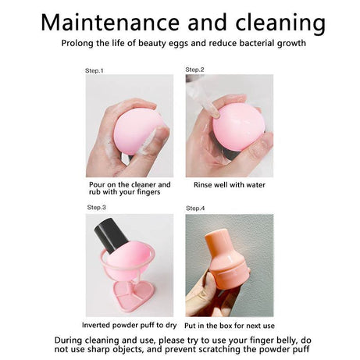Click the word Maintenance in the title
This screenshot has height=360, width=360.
(x=110, y=22)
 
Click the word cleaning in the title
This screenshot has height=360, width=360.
(x=280, y=23)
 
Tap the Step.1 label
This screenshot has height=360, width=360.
(x=94, y=70)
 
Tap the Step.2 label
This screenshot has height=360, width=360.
(x=194, y=70)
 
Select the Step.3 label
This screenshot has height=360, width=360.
(x=97, y=207)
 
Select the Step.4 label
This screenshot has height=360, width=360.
(x=195, y=209)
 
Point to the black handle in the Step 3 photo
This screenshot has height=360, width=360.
(x=111, y=235)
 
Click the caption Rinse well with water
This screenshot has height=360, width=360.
(x=230, y=185)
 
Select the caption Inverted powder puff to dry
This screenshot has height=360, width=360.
(x=129, y=325)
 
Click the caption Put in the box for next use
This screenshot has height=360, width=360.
(x=230, y=326)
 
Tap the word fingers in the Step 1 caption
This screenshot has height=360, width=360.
(x=147, y=192)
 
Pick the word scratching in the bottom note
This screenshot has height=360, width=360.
(x=216, y=349)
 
